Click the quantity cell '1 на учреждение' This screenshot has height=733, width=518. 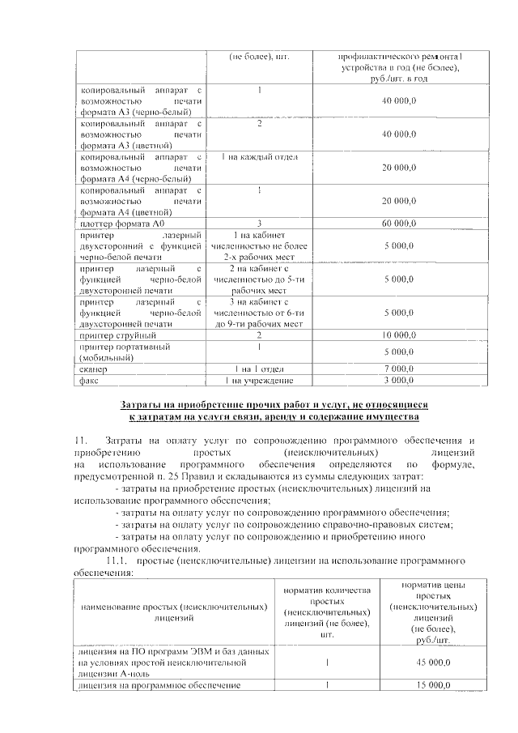click(x=258, y=379)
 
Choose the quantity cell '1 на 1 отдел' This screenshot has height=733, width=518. click(x=258, y=369)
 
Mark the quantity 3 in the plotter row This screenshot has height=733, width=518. click(x=258, y=223)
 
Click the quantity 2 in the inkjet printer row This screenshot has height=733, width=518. click(x=258, y=335)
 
